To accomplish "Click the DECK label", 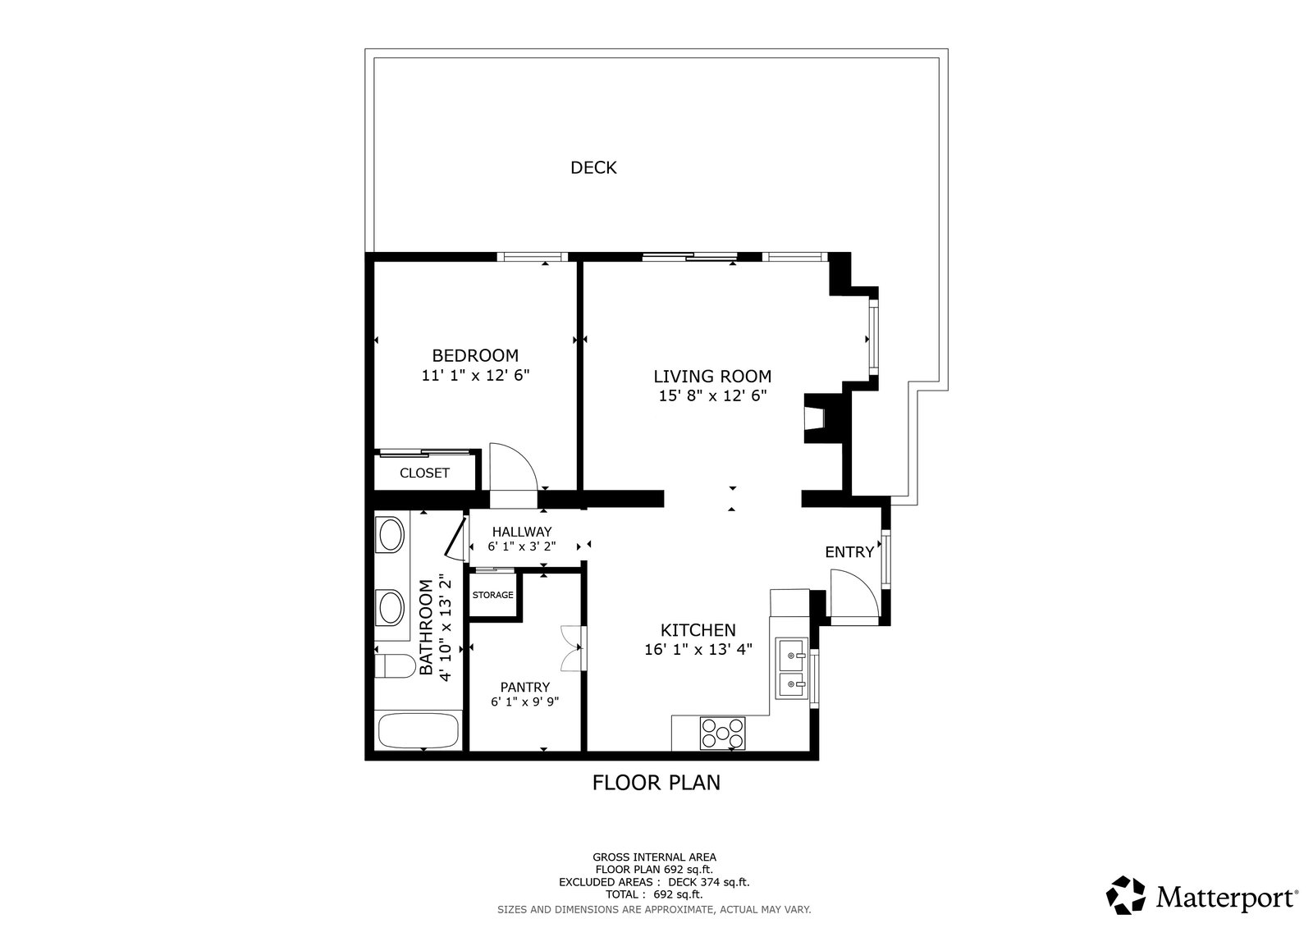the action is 593,167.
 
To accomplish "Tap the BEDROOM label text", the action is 475,355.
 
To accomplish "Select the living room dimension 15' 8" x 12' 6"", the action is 713,395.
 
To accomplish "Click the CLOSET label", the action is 424,473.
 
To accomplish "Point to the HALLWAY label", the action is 522,532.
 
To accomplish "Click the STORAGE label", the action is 493,594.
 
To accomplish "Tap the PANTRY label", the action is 525,687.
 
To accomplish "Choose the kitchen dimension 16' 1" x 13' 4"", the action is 698,650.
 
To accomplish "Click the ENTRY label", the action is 849,551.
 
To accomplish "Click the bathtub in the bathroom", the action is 418,730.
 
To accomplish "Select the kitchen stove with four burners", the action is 723,733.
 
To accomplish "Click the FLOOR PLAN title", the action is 656,783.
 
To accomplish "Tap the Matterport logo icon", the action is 1125,895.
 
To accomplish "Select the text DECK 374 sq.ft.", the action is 709,882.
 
